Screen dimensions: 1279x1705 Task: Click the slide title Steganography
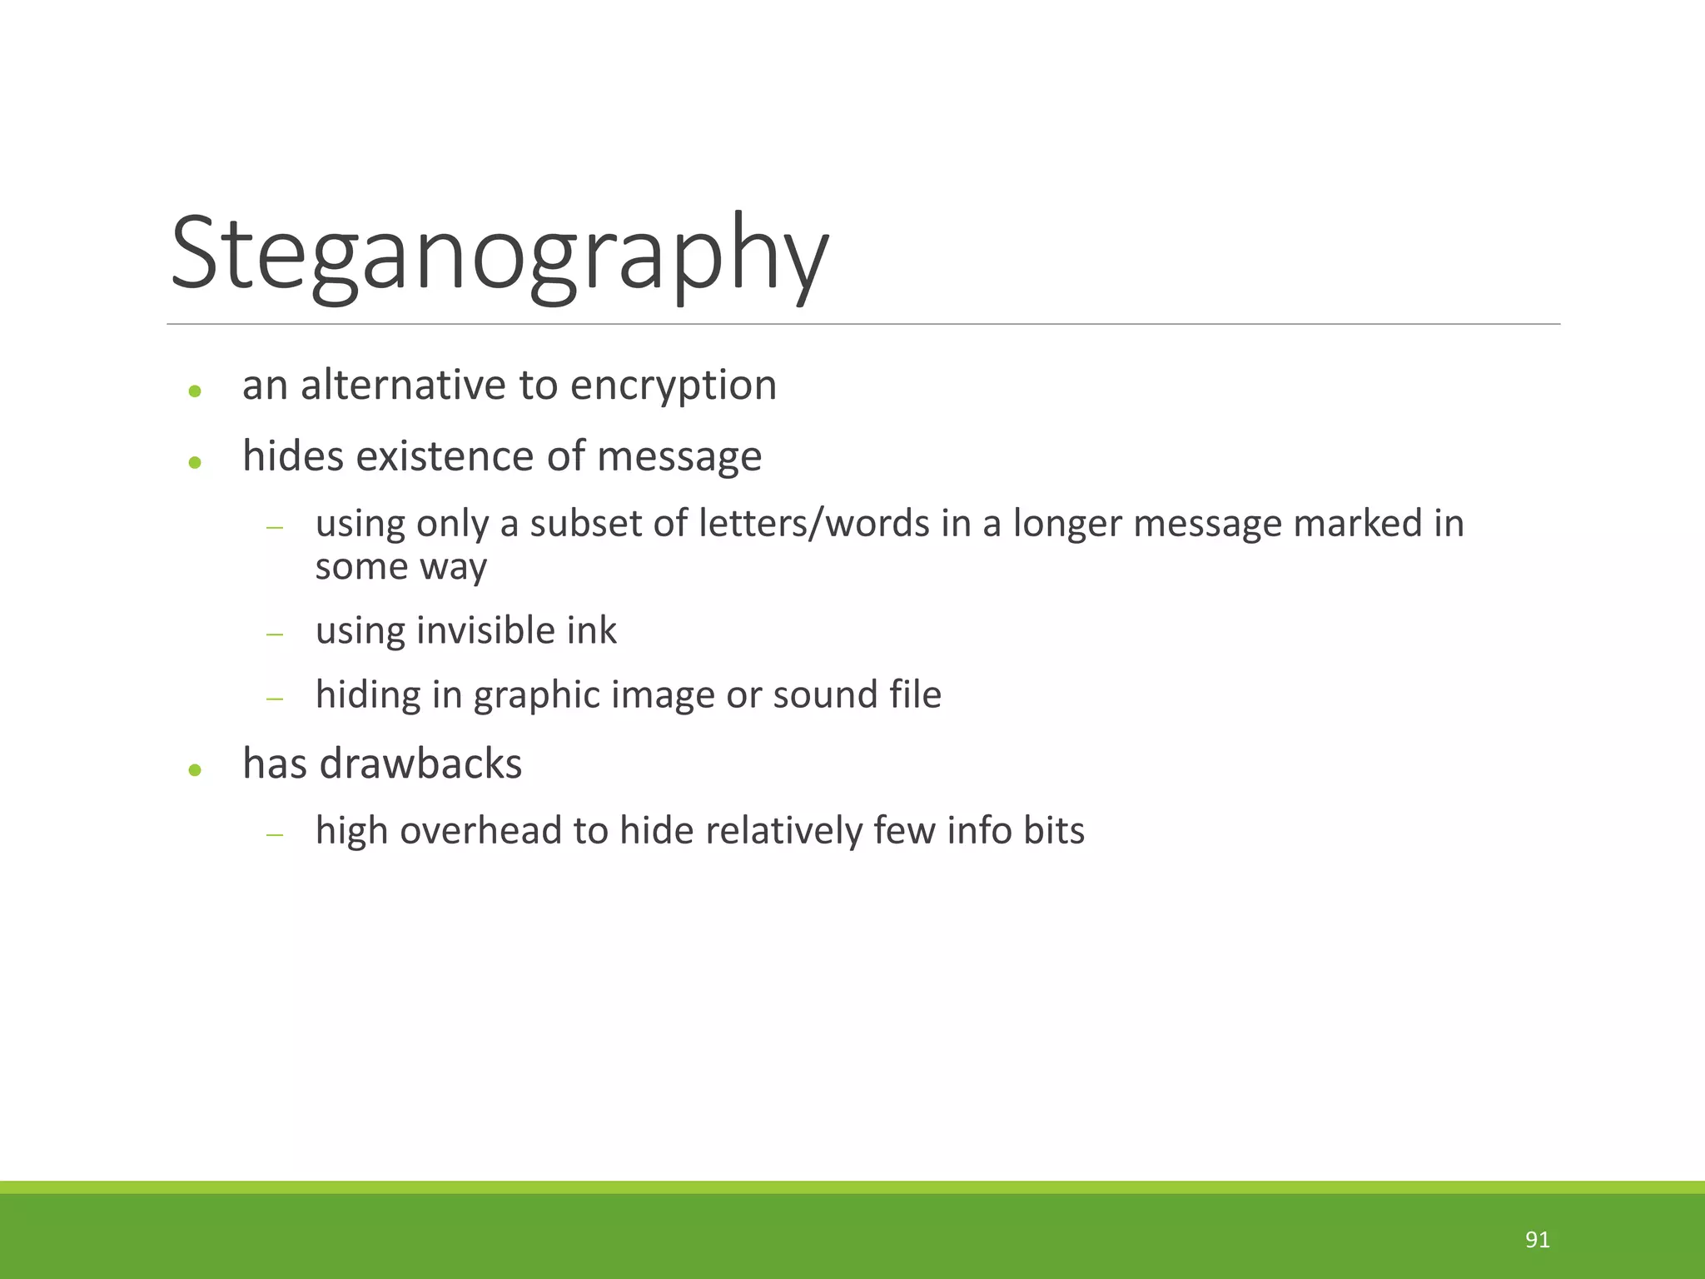(x=500, y=254)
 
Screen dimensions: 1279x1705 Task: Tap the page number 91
(x=1537, y=1240)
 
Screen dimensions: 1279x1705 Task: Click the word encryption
(x=673, y=386)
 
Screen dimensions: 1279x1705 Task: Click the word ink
(x=592, y=630)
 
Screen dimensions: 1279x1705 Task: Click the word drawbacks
(x=420, y=764)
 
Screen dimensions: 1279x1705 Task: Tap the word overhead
(x=480, y=830)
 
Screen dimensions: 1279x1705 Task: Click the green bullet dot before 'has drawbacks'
(x=195, y=770)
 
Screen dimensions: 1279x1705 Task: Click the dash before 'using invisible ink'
(x=275, y=635)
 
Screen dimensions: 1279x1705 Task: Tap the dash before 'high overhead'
(x=275, y=834)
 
